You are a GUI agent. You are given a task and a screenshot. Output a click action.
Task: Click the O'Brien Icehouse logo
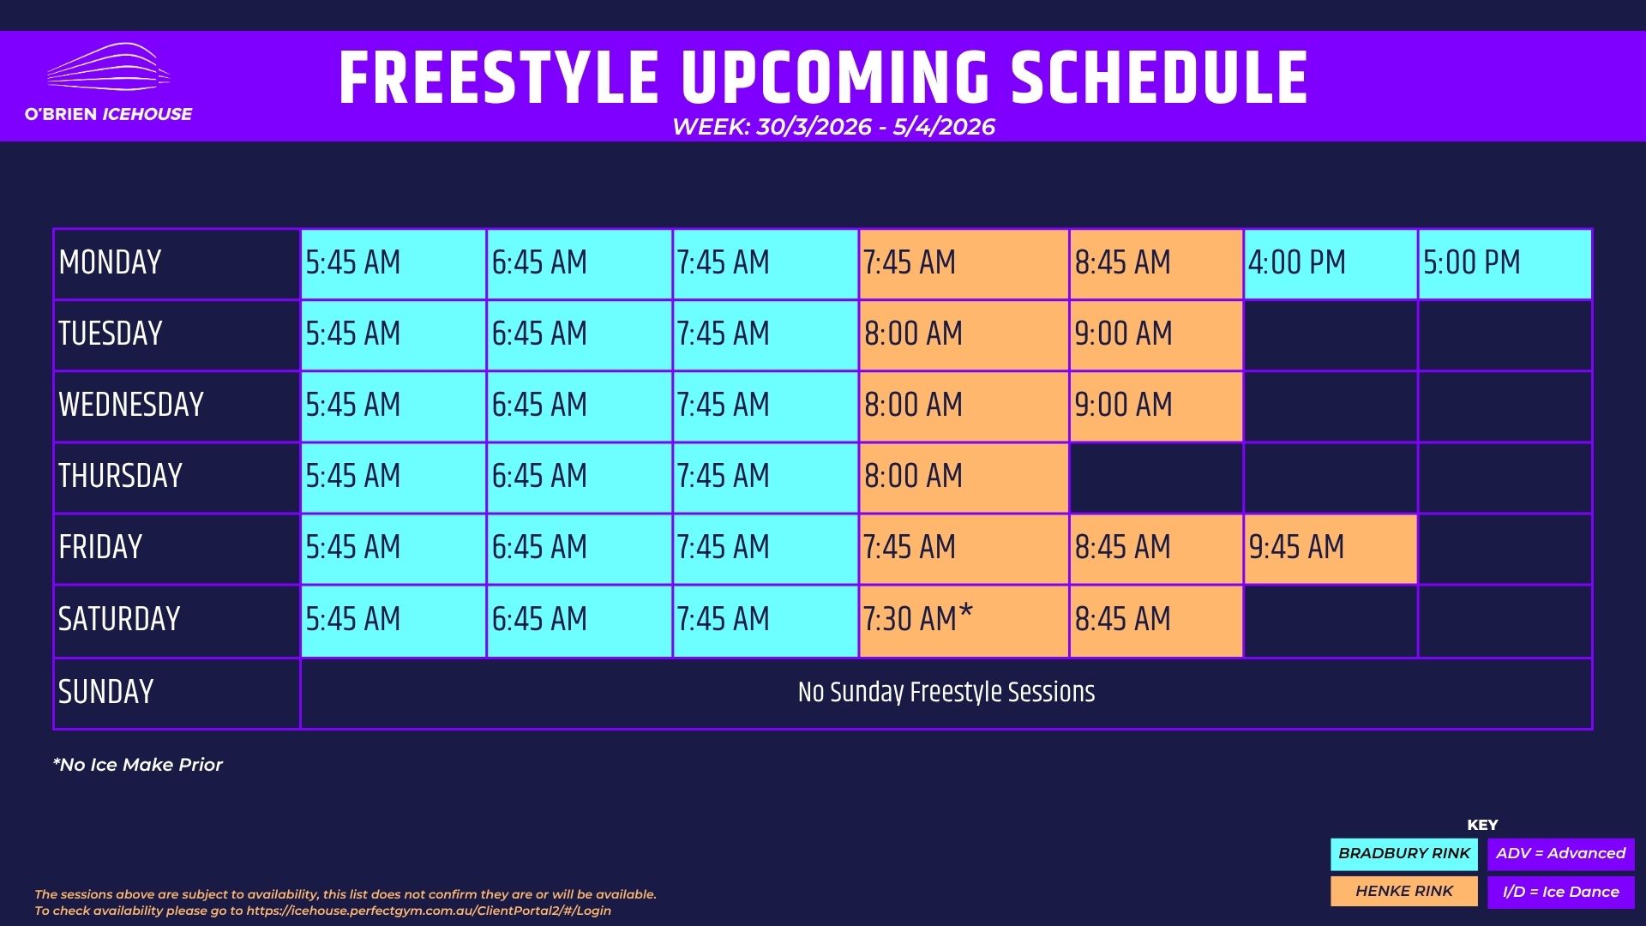[108, 83]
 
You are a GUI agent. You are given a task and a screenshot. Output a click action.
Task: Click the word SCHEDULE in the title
[1159, 78]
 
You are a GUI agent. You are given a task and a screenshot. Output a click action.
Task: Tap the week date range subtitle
[833, 127]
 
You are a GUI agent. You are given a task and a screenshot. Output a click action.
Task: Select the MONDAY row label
[110, 262]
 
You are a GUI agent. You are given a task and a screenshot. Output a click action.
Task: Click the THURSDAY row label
[120, 476]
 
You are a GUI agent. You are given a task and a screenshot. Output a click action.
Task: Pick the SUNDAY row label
[105, 692]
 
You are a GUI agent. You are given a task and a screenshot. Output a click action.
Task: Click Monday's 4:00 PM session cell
[1331, 264]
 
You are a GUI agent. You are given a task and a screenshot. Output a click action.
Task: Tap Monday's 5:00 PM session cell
[1505, 264]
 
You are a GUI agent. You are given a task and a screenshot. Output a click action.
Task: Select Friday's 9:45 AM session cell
[1331, 550]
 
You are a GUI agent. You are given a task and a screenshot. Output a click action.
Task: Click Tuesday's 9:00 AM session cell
[1156, 335]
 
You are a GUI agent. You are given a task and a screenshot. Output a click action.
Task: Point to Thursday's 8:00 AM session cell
[964, 478]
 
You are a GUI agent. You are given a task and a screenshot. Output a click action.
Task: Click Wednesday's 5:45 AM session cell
[393, 406]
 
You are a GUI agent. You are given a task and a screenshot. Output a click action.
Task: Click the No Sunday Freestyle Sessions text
[946, 692]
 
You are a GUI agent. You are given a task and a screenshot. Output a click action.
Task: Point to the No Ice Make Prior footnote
[137, 765]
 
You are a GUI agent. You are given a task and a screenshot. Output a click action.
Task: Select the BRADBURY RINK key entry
[1404, 854]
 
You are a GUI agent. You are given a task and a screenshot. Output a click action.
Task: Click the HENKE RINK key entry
[1404, 892]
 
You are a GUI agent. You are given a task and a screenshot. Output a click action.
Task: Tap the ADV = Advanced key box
[1561, 854]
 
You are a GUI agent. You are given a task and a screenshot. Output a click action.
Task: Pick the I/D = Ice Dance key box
[1561, 892]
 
